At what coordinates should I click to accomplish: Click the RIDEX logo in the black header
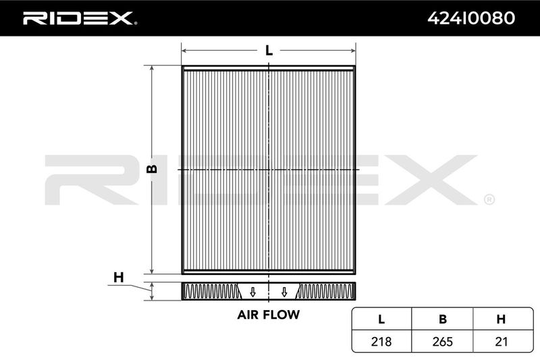[80, 18]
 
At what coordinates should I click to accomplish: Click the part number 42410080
[471, 18]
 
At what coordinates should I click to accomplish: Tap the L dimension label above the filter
[269, 51]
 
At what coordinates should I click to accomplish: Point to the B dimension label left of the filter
[152, 168]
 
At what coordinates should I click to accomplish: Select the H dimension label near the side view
[119, 277]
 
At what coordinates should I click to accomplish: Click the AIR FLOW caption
[268, 315]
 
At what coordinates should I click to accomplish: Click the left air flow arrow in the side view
[252, 292]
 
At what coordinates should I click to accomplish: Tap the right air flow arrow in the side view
[284, 292]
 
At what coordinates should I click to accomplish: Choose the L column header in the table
[381, 319]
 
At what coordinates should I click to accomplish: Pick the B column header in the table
[443, 319]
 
